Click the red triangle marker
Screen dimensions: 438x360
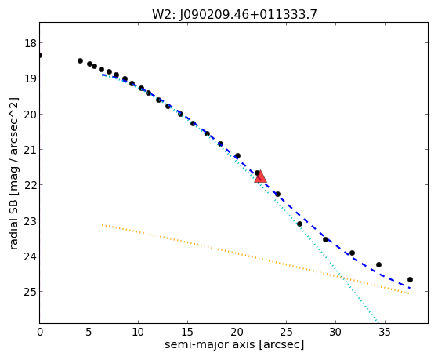click(x=260, y=176)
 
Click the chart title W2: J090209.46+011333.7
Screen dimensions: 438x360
click(x=234, y=14)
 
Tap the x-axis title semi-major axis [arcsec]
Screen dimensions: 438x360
click(x=234, y=344)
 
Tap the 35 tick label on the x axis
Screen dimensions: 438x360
click(x=385, y=332)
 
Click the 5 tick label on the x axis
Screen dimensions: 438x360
click(x=89, y=332)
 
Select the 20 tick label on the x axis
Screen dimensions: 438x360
click(x=237, y=332)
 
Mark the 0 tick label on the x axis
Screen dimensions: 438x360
click(x=40, y=332)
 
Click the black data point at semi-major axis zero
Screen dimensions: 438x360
click(x=40, y=56)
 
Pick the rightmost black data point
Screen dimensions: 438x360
click(x=410, y=279)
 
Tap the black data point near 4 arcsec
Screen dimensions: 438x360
click(x=80, y=60)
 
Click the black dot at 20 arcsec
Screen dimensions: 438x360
click(x=237, y=155)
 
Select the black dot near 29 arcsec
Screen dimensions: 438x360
click(x=325, y=239)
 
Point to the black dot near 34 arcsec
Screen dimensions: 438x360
click(x=378, y=264)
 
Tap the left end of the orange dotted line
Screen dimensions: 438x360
click(x=102, y=224)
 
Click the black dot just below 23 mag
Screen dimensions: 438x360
click(x=299, y=224)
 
